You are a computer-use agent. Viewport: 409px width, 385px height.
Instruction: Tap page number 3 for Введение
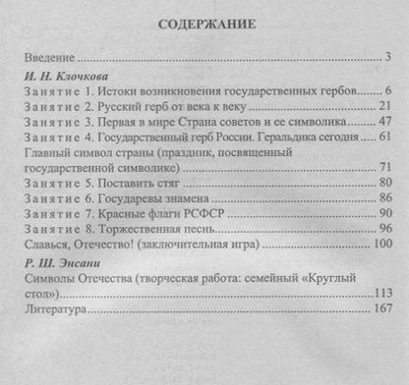tap(389, 56)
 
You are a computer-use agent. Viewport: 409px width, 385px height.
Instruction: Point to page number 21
tap(385, 106)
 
